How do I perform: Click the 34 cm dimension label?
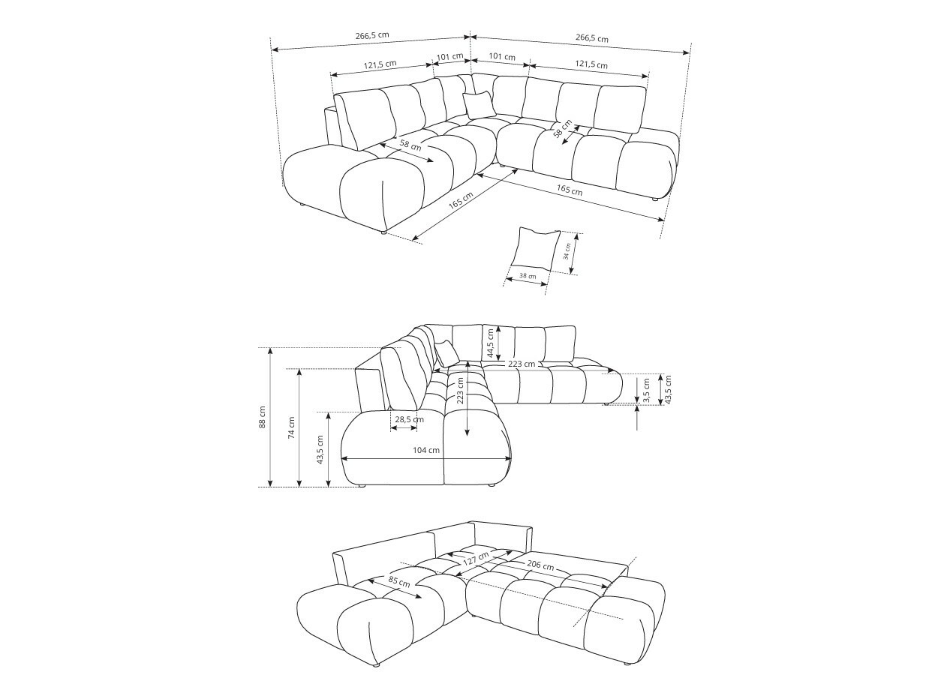tap(566, 252)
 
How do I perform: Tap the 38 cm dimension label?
tap(528, 276)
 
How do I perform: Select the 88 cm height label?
tap(262, 417)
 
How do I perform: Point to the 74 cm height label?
tap(291, 427)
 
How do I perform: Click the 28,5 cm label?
tap(409, 419)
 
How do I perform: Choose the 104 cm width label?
tap(426, 450)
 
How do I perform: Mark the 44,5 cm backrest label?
tap(491, 343)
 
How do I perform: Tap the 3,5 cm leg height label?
tap(646, 391)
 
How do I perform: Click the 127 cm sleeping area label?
tap(476, 559)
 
